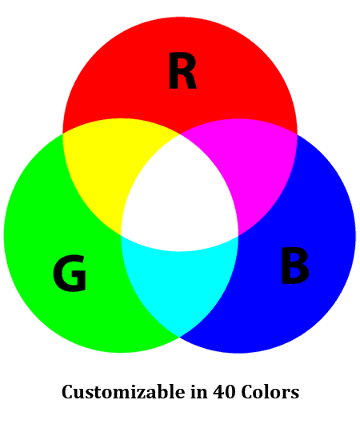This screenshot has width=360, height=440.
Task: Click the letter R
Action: point(182,70)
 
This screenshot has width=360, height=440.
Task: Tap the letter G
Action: point(70,273)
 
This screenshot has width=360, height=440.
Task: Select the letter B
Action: point(294,266)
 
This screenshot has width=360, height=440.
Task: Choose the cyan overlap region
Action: point(179,283)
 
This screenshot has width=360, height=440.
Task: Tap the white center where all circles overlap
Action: point(179,197)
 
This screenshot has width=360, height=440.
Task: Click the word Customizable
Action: point(123,392)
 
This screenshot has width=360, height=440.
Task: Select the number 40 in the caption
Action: point(224,392)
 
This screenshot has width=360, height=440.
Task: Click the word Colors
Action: point(270,392)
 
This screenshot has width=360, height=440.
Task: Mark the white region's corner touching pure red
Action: point(180,134)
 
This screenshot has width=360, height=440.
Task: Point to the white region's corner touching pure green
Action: point(121,236)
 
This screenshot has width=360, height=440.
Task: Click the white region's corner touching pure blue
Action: point(238,236)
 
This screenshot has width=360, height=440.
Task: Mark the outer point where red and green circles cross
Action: point(62,134)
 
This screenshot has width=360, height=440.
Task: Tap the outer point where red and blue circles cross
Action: point(297,134)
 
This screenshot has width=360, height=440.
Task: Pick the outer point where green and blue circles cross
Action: point(180,337)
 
